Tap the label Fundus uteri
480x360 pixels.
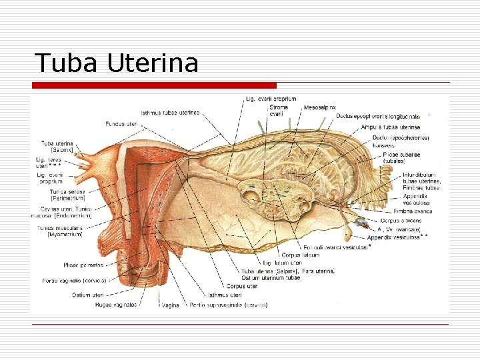121,123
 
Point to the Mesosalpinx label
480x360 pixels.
319,107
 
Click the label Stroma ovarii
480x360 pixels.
278,111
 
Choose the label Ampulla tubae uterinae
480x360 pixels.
390,127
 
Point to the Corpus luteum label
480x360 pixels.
300,255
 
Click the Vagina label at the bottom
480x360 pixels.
170,305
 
